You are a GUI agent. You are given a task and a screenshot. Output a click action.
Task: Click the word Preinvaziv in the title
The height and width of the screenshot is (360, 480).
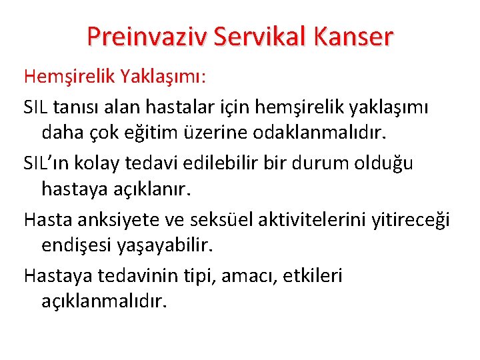146,35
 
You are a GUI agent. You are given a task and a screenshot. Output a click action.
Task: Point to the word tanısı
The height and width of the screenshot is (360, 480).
81,106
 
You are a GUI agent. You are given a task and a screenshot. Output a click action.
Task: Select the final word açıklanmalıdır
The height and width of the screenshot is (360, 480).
103,303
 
